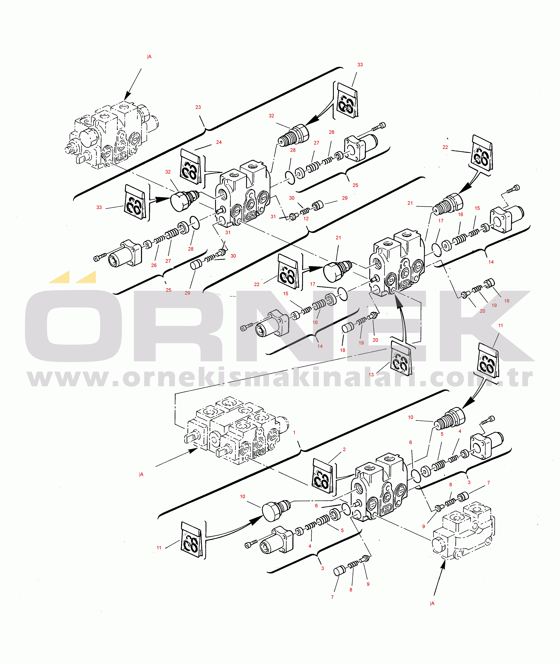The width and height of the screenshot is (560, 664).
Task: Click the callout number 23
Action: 198,107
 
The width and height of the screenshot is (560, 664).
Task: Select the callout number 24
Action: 219,142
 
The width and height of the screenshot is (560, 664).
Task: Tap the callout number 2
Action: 344,449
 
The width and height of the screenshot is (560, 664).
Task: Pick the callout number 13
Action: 371,375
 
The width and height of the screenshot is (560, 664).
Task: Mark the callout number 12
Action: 306,218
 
